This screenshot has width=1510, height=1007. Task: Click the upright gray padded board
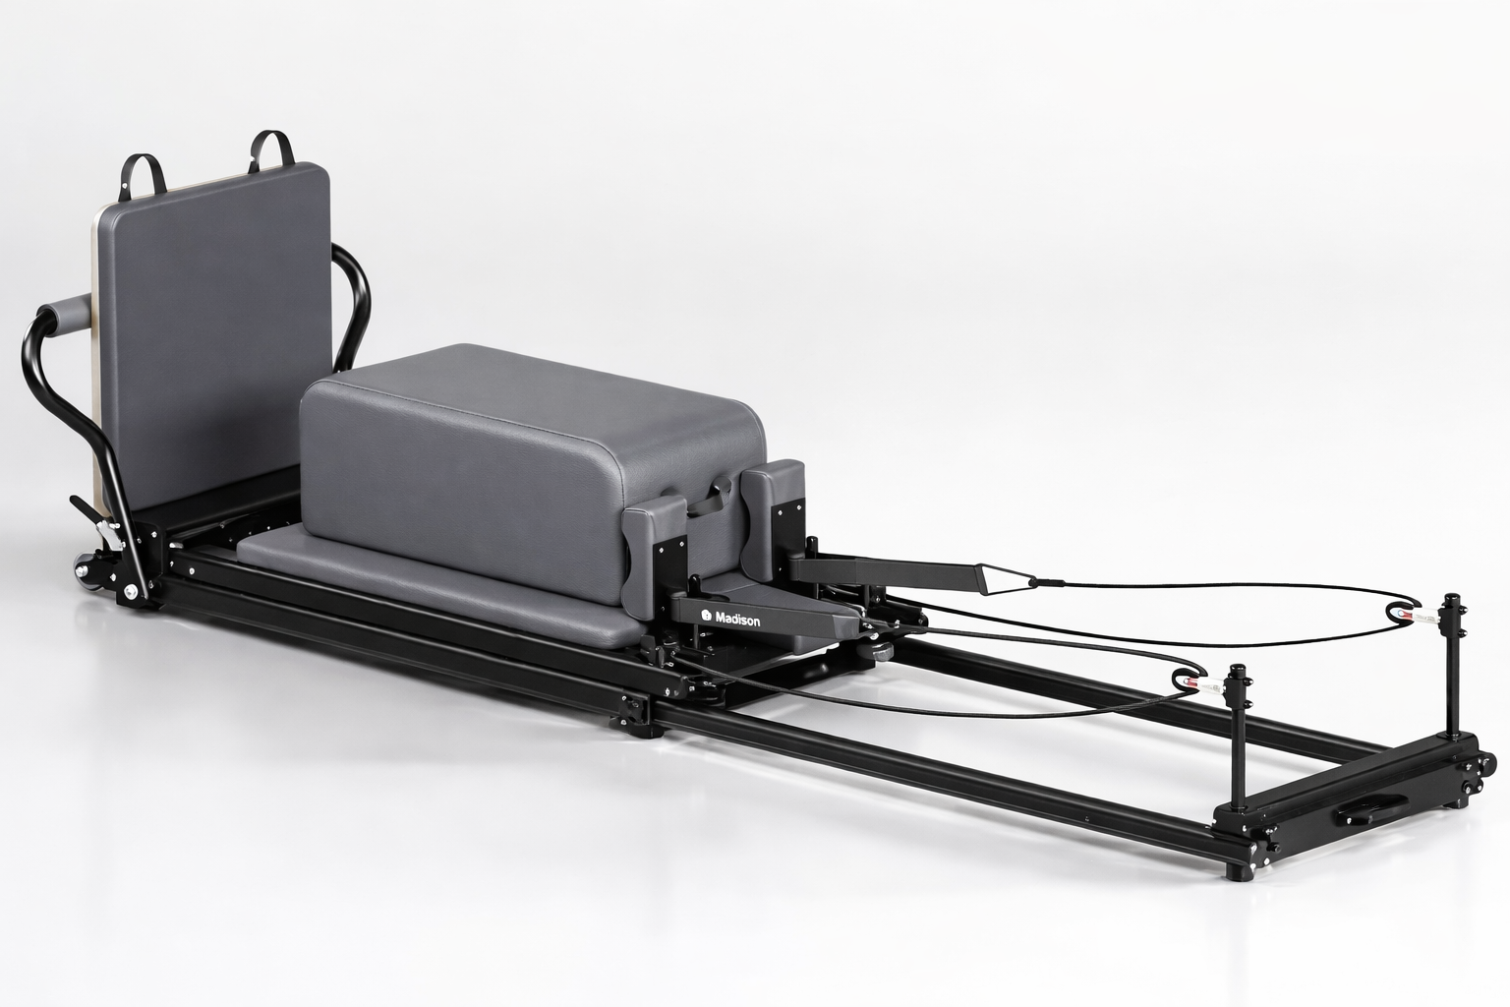pos(216,325)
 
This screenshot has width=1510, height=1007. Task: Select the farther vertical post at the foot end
pos(1450,669)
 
